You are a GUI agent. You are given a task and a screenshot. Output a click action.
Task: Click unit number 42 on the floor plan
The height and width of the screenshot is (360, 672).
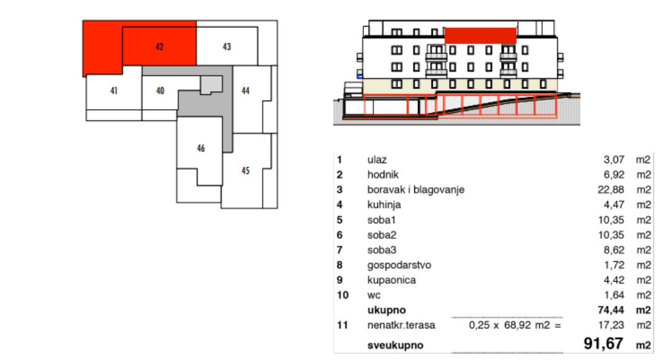click(160, 47)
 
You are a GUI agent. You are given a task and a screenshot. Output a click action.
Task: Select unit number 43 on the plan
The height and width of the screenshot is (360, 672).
click(227, 47)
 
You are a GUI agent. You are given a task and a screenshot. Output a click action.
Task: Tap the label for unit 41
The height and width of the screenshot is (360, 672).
click(114, 91)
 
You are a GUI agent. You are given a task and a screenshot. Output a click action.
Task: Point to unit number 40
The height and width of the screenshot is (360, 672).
click(160, 91)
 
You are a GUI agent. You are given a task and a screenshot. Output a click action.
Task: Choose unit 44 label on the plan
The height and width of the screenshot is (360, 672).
click(245, 91)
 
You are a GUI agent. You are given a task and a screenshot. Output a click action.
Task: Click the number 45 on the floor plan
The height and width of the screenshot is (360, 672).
click(245, 171)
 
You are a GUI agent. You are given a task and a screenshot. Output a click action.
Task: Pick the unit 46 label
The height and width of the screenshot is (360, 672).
click(201, 148)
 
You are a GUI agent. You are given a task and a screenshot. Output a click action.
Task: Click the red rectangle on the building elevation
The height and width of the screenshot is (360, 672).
click(481, 35)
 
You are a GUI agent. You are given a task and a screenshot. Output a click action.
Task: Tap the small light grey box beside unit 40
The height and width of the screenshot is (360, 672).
click(211, 85)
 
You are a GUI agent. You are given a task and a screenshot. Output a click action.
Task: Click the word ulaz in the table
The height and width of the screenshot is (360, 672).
click(377, 160)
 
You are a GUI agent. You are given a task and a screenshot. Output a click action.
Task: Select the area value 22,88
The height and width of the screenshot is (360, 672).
click(611, 190)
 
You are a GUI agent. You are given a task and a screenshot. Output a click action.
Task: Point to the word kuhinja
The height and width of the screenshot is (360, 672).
click(384, 205)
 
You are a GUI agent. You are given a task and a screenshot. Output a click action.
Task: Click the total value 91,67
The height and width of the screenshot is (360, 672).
click(604, 343)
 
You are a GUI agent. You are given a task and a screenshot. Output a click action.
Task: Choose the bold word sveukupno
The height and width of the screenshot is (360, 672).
click(395, 346)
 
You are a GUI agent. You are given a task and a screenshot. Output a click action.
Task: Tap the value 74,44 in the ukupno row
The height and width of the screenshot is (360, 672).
click(611, 310)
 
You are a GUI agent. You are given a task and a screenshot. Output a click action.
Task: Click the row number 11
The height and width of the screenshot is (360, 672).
click(342, 325)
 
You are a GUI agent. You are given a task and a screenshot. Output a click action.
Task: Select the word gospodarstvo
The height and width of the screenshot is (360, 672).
click(399, 266)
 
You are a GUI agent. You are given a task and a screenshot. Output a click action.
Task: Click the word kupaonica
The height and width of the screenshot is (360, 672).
click(391, 281)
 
